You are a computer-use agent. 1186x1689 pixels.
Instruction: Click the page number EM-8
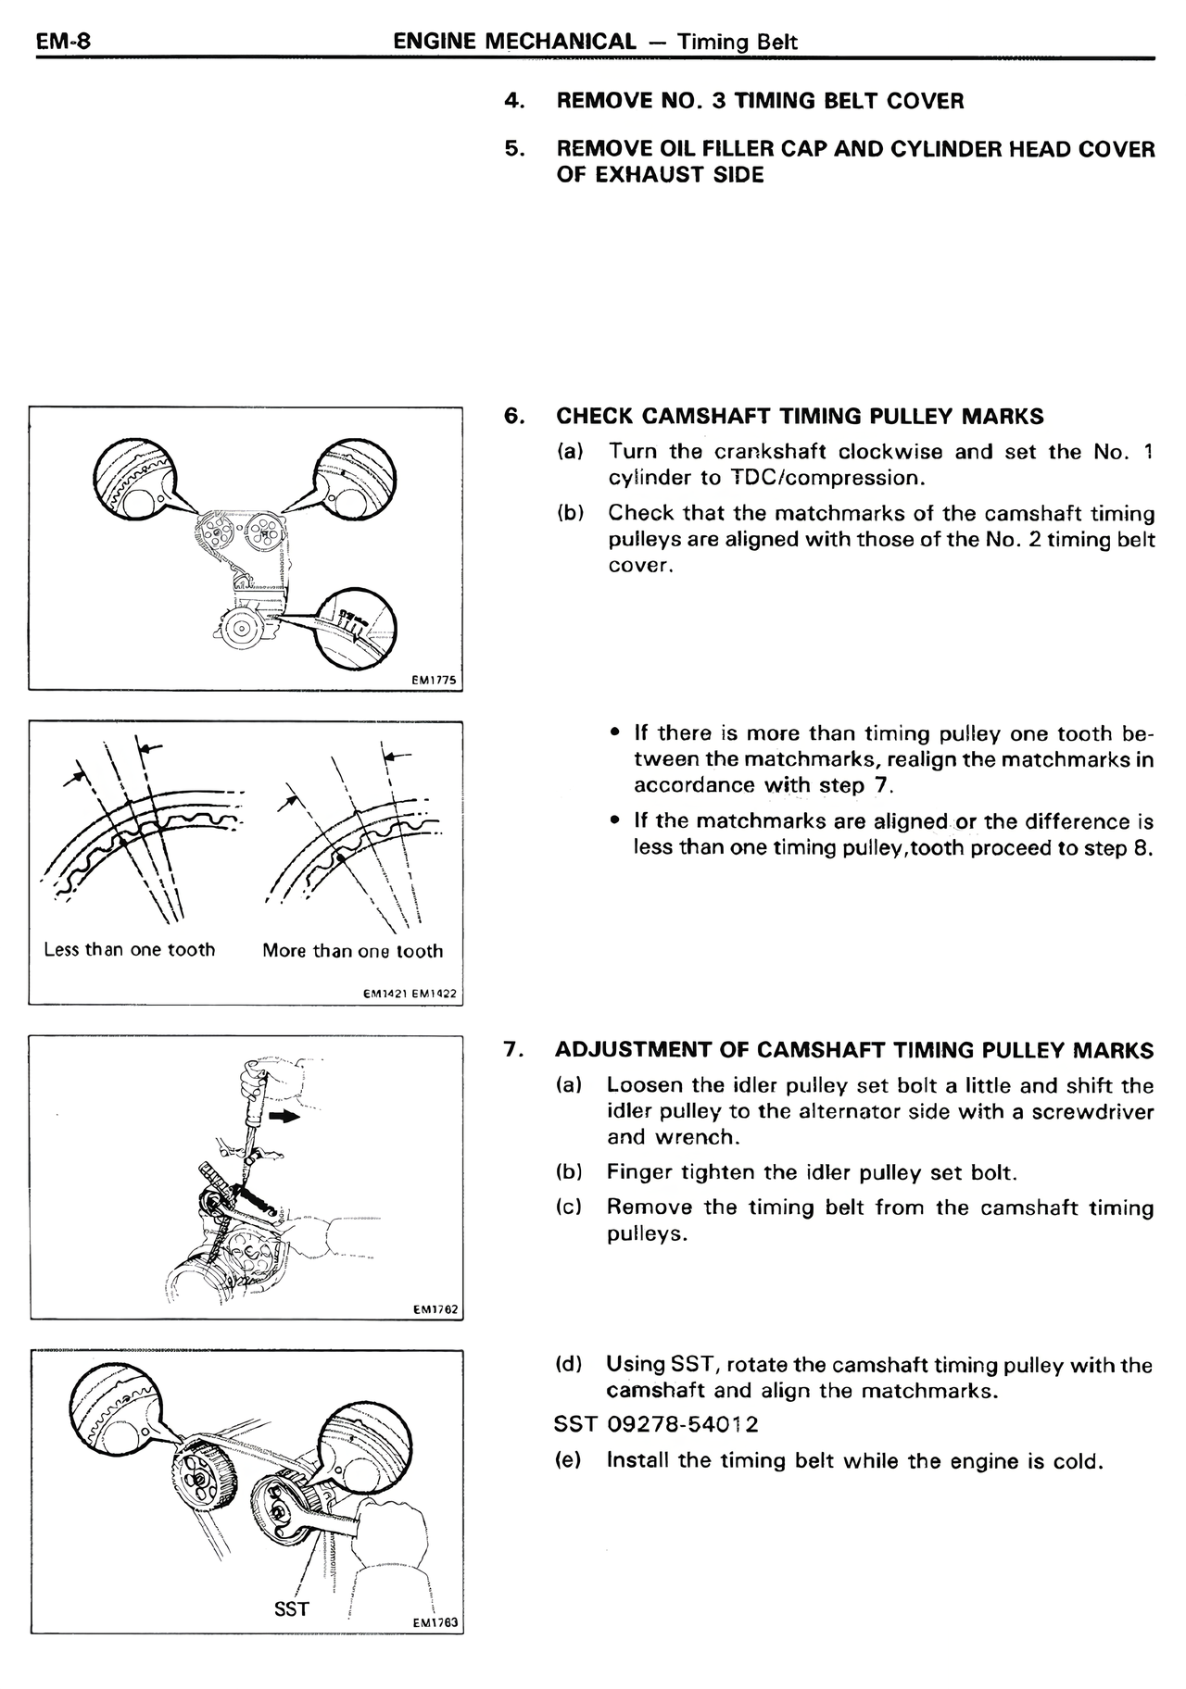pyautogui.click(x=61, y=42)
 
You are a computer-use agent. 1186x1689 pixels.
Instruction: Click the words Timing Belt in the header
pyautogui.click(x=737, y=42)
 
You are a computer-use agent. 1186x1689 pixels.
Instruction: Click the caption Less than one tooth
pyautogui.click(x=130, y=950)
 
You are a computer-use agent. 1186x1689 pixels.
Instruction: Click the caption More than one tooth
pyautogui.click(x=352, y=951)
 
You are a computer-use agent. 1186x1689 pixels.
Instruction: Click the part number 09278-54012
pyautogui.click(x=682, y=1424)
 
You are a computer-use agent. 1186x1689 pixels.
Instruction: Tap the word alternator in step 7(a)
pyautogui.click(x=826, y=1111)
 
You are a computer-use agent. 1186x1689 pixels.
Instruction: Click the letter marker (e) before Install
pyautogui.click(x=567, y=1460)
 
